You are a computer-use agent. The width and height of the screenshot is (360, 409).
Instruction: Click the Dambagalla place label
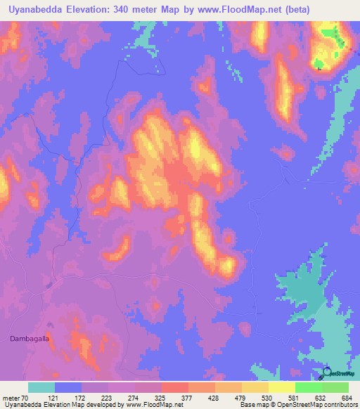[32, 339]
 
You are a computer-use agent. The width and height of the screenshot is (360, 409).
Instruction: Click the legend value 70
[27, 398]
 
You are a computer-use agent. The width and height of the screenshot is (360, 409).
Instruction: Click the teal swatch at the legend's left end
[41, 387]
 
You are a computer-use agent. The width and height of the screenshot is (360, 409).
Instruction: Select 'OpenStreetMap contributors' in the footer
[330, 405]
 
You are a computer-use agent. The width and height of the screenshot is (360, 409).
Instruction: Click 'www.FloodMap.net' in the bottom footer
[153, 405]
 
